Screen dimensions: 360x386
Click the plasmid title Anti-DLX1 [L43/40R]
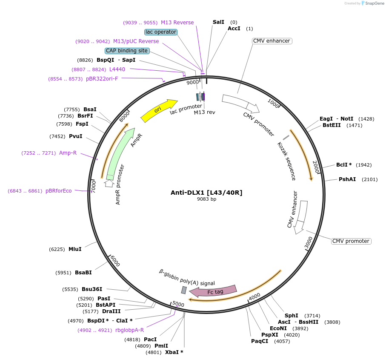206,193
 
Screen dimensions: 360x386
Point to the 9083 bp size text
206,199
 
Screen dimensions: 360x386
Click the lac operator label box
161,32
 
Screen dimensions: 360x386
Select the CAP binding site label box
127,51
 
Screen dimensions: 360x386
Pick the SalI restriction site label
218,22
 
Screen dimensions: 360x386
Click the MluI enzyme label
75,249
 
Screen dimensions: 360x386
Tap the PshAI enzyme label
347,179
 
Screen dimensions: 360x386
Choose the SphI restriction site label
292,316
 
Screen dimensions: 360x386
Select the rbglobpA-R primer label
129,330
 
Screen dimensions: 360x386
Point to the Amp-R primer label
68,153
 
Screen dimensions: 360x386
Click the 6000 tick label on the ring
115,261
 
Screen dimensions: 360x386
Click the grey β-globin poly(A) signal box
184,290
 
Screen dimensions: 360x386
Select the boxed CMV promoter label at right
351,241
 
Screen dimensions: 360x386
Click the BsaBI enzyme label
83,273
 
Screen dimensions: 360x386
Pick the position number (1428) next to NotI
366,119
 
